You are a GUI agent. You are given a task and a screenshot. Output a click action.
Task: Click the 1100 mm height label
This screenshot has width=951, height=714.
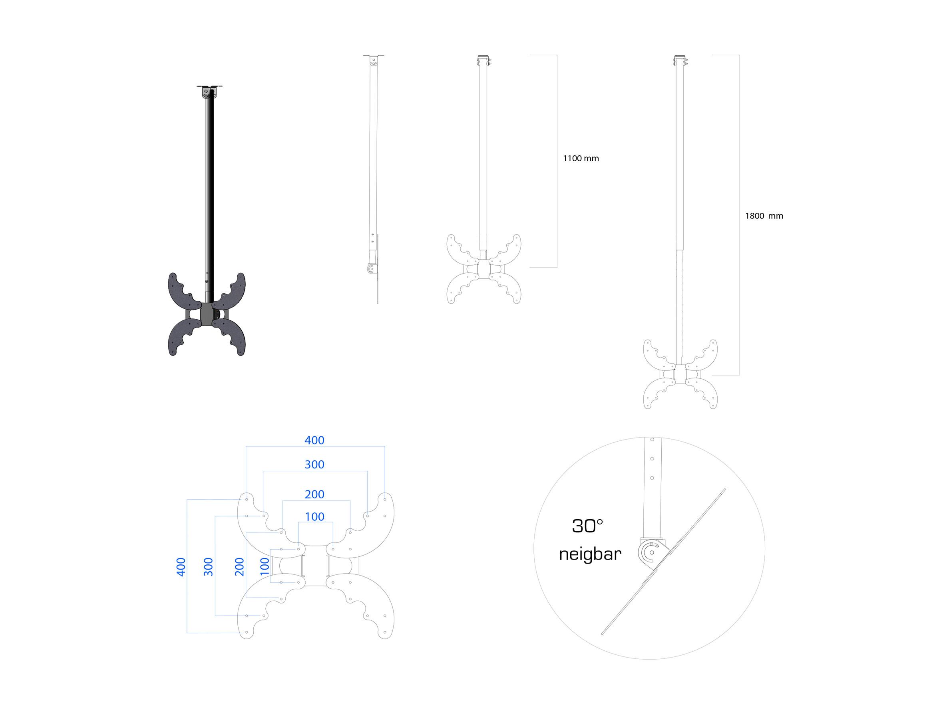[581, 158]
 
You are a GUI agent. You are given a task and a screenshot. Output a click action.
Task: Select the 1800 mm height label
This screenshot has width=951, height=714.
[764, 216]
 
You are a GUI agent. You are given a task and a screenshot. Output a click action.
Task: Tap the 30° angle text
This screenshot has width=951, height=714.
[587, 526]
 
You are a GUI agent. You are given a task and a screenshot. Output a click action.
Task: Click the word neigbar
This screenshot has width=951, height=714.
[590, 554]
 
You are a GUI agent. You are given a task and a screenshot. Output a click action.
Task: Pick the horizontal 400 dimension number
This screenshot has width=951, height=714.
[314, 440]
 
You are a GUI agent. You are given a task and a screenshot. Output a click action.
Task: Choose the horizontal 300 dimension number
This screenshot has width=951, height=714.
[314, 464]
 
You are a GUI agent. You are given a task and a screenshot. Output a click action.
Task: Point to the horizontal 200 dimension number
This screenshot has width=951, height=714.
[314, 494]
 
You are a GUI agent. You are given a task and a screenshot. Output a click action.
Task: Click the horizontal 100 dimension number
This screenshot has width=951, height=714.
[314, 516]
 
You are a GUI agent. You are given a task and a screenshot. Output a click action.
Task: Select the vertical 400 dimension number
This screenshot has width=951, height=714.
[181, 567]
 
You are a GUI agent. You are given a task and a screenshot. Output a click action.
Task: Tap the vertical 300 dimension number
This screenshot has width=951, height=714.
[208, 567]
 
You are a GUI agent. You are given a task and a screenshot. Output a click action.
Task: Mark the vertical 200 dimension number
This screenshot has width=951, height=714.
[239, 567]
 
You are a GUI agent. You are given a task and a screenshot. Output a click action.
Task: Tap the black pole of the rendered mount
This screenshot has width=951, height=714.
[209, 189]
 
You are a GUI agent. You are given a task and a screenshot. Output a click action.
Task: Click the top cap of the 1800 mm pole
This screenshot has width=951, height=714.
[680, 60]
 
